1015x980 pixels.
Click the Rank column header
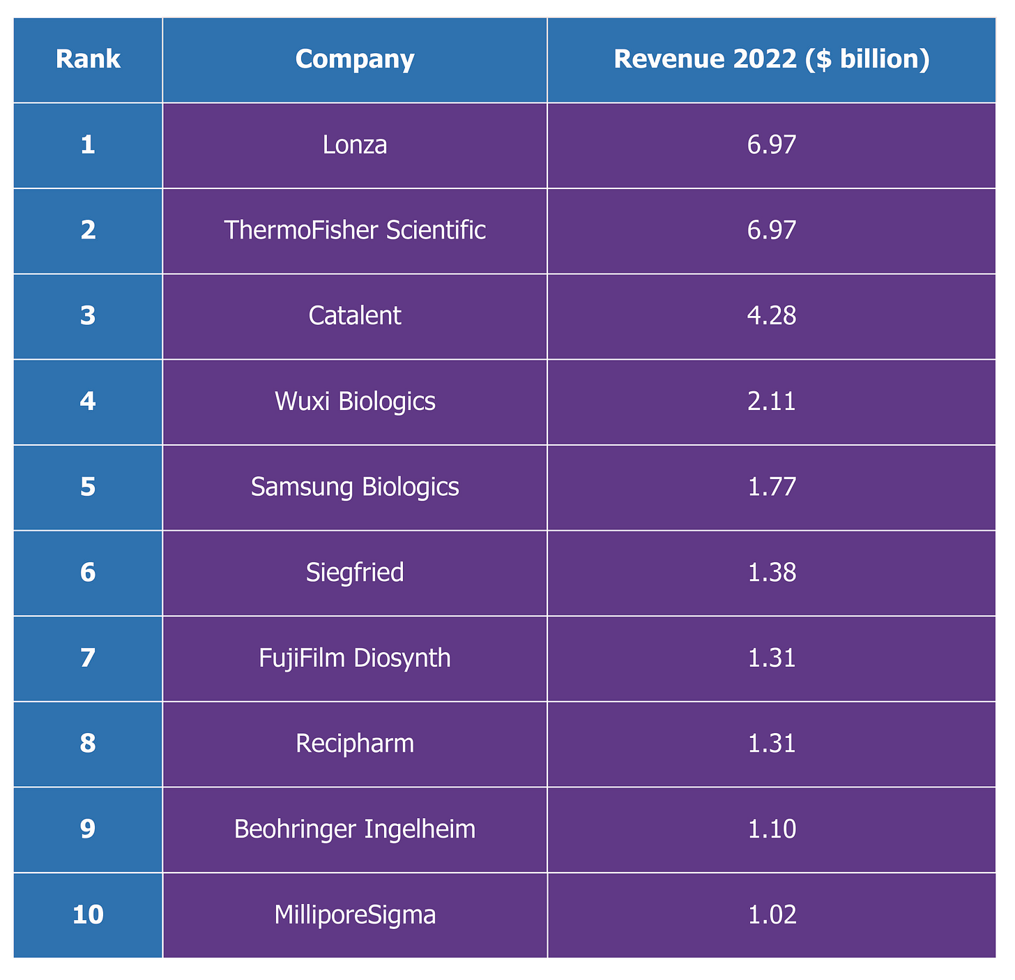point(88,59)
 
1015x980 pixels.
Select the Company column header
point(355,59)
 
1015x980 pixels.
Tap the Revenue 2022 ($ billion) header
point(772,59)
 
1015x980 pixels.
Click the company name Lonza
point(355,144)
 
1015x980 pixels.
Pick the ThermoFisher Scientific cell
point(355,230)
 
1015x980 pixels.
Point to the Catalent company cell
point(355,316)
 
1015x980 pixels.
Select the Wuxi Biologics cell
point(355,402)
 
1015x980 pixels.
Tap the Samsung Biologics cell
point(355,488)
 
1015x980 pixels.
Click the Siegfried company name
point(355,573)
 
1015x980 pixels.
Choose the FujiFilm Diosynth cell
point(355,658)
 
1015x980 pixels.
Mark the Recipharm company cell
point(355,744)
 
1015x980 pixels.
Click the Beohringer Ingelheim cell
point(355,830)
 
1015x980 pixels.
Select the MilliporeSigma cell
point(355,915)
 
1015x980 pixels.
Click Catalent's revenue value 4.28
point(772,316)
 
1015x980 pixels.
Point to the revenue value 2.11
point(772,402)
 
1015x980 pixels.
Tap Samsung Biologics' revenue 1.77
point(772,488)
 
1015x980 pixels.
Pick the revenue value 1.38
point(772,573)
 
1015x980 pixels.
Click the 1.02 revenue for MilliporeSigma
point(772,915)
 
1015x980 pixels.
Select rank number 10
point(88,915)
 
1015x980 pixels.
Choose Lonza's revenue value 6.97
point(772,144)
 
